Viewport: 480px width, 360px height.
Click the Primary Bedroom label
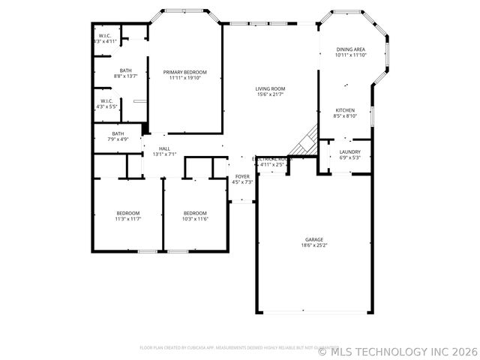[184, 72]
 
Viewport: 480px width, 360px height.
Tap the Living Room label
[271, 88]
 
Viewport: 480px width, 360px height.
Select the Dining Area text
[350, 49]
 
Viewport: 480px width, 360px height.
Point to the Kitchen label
[345, 110]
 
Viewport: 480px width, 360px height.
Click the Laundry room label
[349, 151]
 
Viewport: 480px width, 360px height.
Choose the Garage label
[313, 239]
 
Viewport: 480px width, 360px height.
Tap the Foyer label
[242, 176]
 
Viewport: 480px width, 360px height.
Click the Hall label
[163, 148]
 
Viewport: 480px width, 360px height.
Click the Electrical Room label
[271, 159]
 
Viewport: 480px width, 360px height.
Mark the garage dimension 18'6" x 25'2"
[313, 244]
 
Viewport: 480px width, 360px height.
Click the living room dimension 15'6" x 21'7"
[271, 94]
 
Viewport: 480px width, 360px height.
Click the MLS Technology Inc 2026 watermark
[397, 350]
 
